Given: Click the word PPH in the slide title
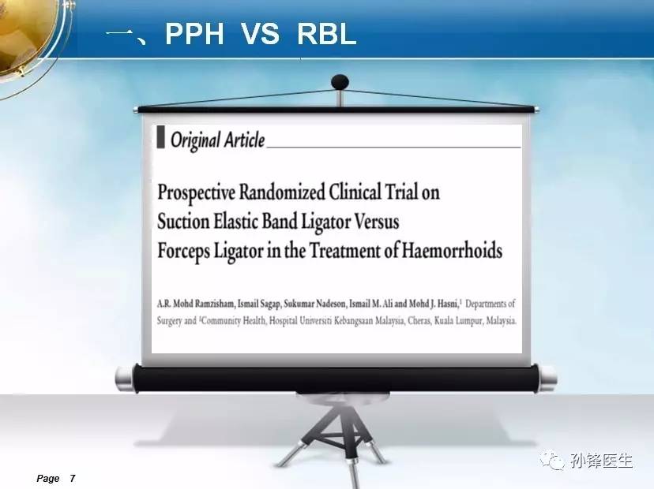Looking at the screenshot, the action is [x=194, y=34].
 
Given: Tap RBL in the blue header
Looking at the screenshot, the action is [x=326, y=34].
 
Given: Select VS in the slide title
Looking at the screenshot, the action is [x=260, y=34].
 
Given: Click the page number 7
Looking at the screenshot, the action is [x=73, y=478].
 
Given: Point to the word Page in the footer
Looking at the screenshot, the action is [x=48, y=479].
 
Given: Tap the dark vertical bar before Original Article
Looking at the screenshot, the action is [x=160, y=137].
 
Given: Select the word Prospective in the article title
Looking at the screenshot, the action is [x=196, y=193].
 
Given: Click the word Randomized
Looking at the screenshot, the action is [x=281, y=192].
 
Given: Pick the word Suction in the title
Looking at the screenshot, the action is [x=183, y=221].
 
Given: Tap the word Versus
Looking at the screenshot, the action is [x=377, y=221].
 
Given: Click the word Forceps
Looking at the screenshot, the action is [x=183, y=252].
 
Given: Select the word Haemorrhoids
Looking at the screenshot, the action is [x=452, y=250].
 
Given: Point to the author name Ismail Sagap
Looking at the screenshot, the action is [x=258, y=304].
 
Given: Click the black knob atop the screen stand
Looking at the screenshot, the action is [x=340, y=82].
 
